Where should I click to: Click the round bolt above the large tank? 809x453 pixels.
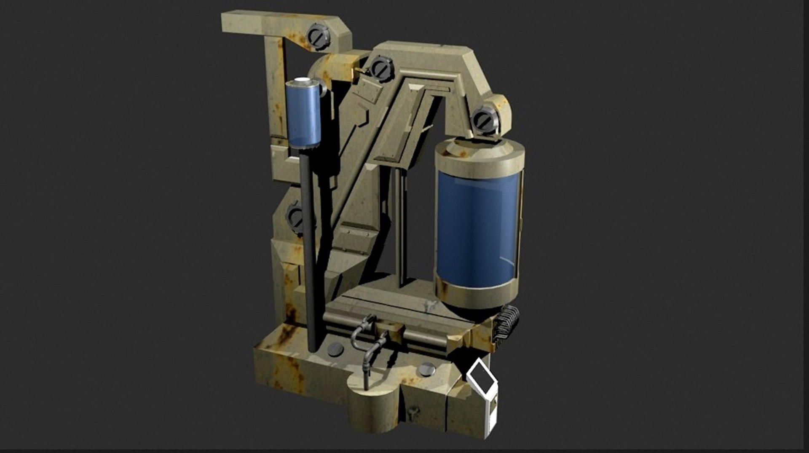(485, 121)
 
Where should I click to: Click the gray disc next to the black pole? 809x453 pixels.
(335, 349)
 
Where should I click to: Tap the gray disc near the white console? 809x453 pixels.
(427, 370)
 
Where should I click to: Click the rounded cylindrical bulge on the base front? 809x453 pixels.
(371, 407)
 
